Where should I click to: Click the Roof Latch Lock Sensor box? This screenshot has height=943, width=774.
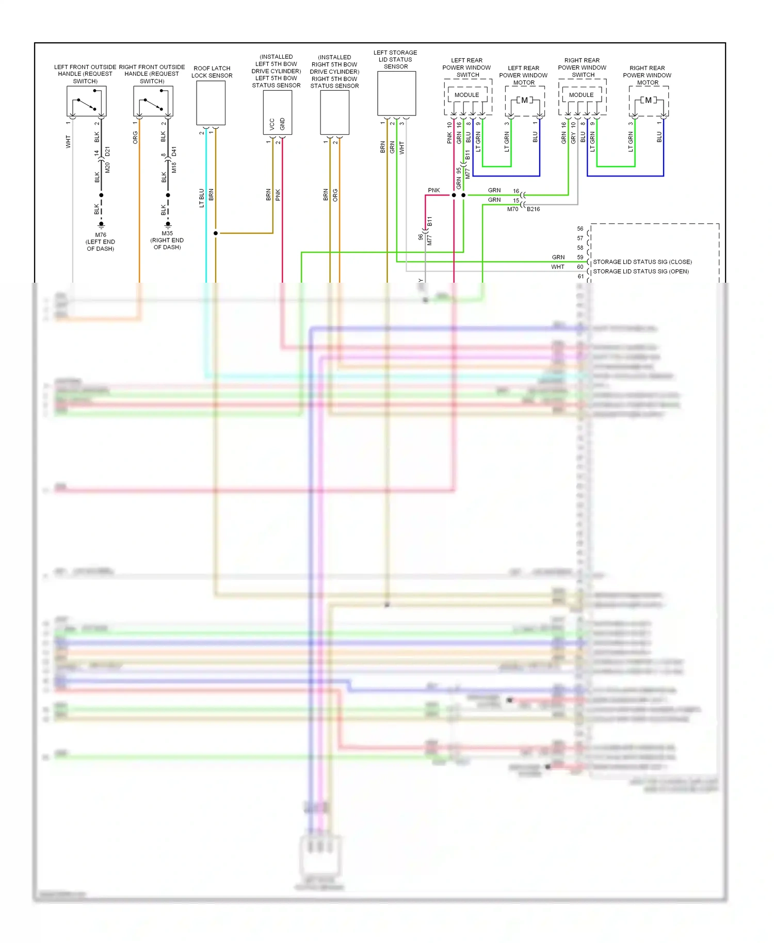pyautogui.click(x=211, y=103)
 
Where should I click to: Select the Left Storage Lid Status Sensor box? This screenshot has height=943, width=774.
pyautogui.click(x=396, y=93)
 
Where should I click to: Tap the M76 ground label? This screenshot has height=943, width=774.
pyautogui.click(x=101, y=235)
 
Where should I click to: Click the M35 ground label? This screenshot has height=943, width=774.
pyautogui.click(x=167, y=233)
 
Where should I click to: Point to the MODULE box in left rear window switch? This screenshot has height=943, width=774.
pyautogui.click(x=467, y=95)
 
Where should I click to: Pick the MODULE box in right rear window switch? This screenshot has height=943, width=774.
pyautogui.click(x=582, y=95)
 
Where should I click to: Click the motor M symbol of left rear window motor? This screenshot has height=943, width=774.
pyautogui.click(x=525, y=100)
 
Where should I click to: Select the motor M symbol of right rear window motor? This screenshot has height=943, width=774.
pyautogui.click(x=649, y=100)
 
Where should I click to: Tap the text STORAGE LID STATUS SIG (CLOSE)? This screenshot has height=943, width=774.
pyautogui.click(x=642, y=262)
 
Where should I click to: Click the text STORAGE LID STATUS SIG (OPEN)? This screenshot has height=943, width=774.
pyautogui.click(x=641, y=271)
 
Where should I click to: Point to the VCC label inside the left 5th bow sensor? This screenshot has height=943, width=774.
pyautogui.click(x=272, y=124)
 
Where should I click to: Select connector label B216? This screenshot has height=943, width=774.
pyautogui.click(x=534, y=209)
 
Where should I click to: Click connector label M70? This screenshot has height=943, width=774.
pyautogui.click(x=512, y=209)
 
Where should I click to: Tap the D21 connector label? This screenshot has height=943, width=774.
pyautogui.click(x=107, y=152)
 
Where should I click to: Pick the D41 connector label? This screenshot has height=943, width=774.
pyautogui.click(x=174, y=152)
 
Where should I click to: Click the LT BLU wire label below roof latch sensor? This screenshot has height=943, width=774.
pyautogui.click(x=202, y=198)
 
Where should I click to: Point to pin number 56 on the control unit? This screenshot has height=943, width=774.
pyautogui.click(x=580, y=229)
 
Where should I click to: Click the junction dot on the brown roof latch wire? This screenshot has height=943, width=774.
pyautogui.click(x=216, y=233)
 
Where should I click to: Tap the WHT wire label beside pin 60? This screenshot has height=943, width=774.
pyautogui.click(x=558, y=267)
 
